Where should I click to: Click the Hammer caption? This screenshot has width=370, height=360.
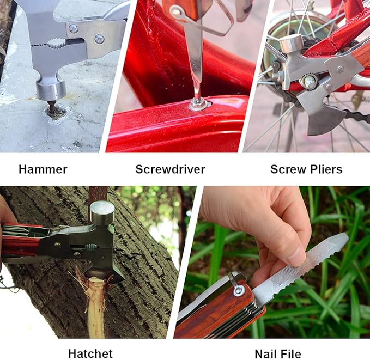pyautogui.click(x=43, y=169)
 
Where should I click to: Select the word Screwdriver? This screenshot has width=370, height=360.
pyautogui.click(x=170, y=169)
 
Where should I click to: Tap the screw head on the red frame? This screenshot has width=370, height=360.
pyautogui.click(x=198, y=103)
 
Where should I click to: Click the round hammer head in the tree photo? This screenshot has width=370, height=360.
pyautogui.click(x=102, y=212)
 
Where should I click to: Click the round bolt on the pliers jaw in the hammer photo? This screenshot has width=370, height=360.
pyautogui.click(x=99, y=39)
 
